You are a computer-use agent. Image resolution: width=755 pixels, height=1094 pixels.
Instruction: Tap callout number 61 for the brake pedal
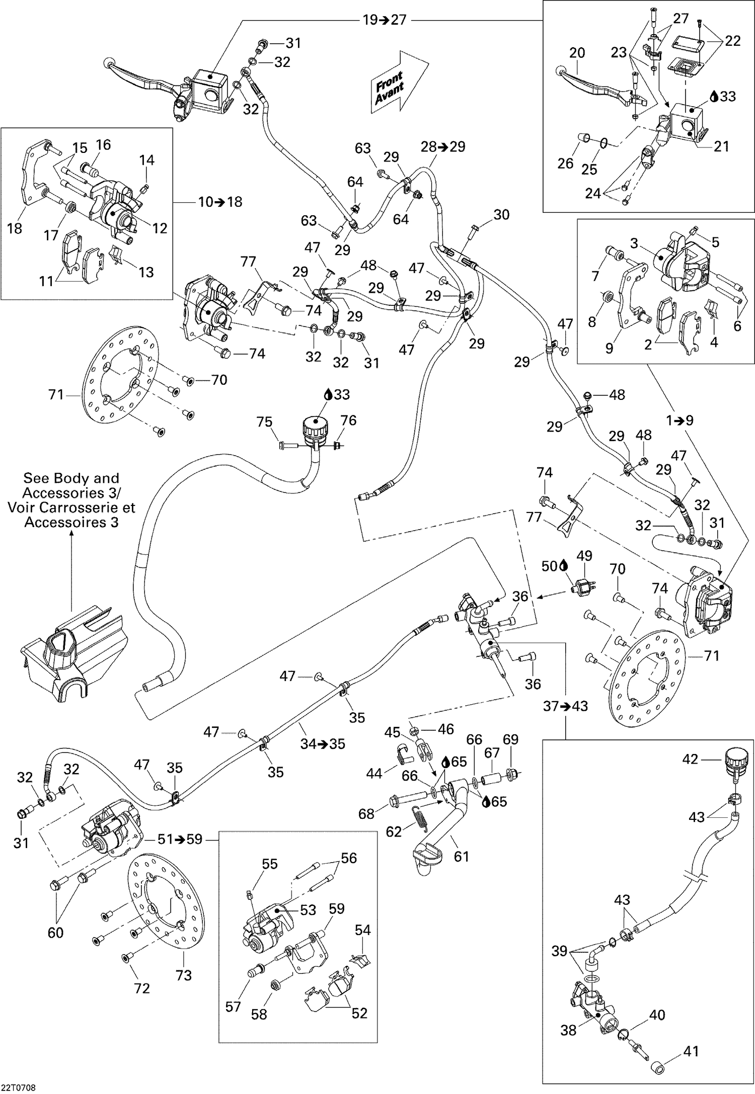click(461, 856)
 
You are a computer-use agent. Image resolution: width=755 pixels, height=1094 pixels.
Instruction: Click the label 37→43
click(565, 706)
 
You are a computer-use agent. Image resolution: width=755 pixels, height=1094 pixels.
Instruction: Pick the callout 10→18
click(220, 202)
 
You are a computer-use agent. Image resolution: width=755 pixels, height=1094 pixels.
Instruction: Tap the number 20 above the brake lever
click(577, 53)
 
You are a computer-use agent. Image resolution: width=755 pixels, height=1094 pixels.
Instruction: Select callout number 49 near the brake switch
click(584, 556)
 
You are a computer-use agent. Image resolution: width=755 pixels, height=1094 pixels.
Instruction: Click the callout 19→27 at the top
click(385, 20)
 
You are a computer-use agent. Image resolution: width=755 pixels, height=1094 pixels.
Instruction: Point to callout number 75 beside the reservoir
click(265, 422)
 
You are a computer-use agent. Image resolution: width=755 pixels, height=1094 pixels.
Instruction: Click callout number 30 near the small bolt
click(501, 215)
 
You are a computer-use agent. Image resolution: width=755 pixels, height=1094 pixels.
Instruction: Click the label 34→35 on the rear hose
click(323, 743)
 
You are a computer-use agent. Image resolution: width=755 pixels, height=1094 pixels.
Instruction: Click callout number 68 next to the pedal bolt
click(366, 813)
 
